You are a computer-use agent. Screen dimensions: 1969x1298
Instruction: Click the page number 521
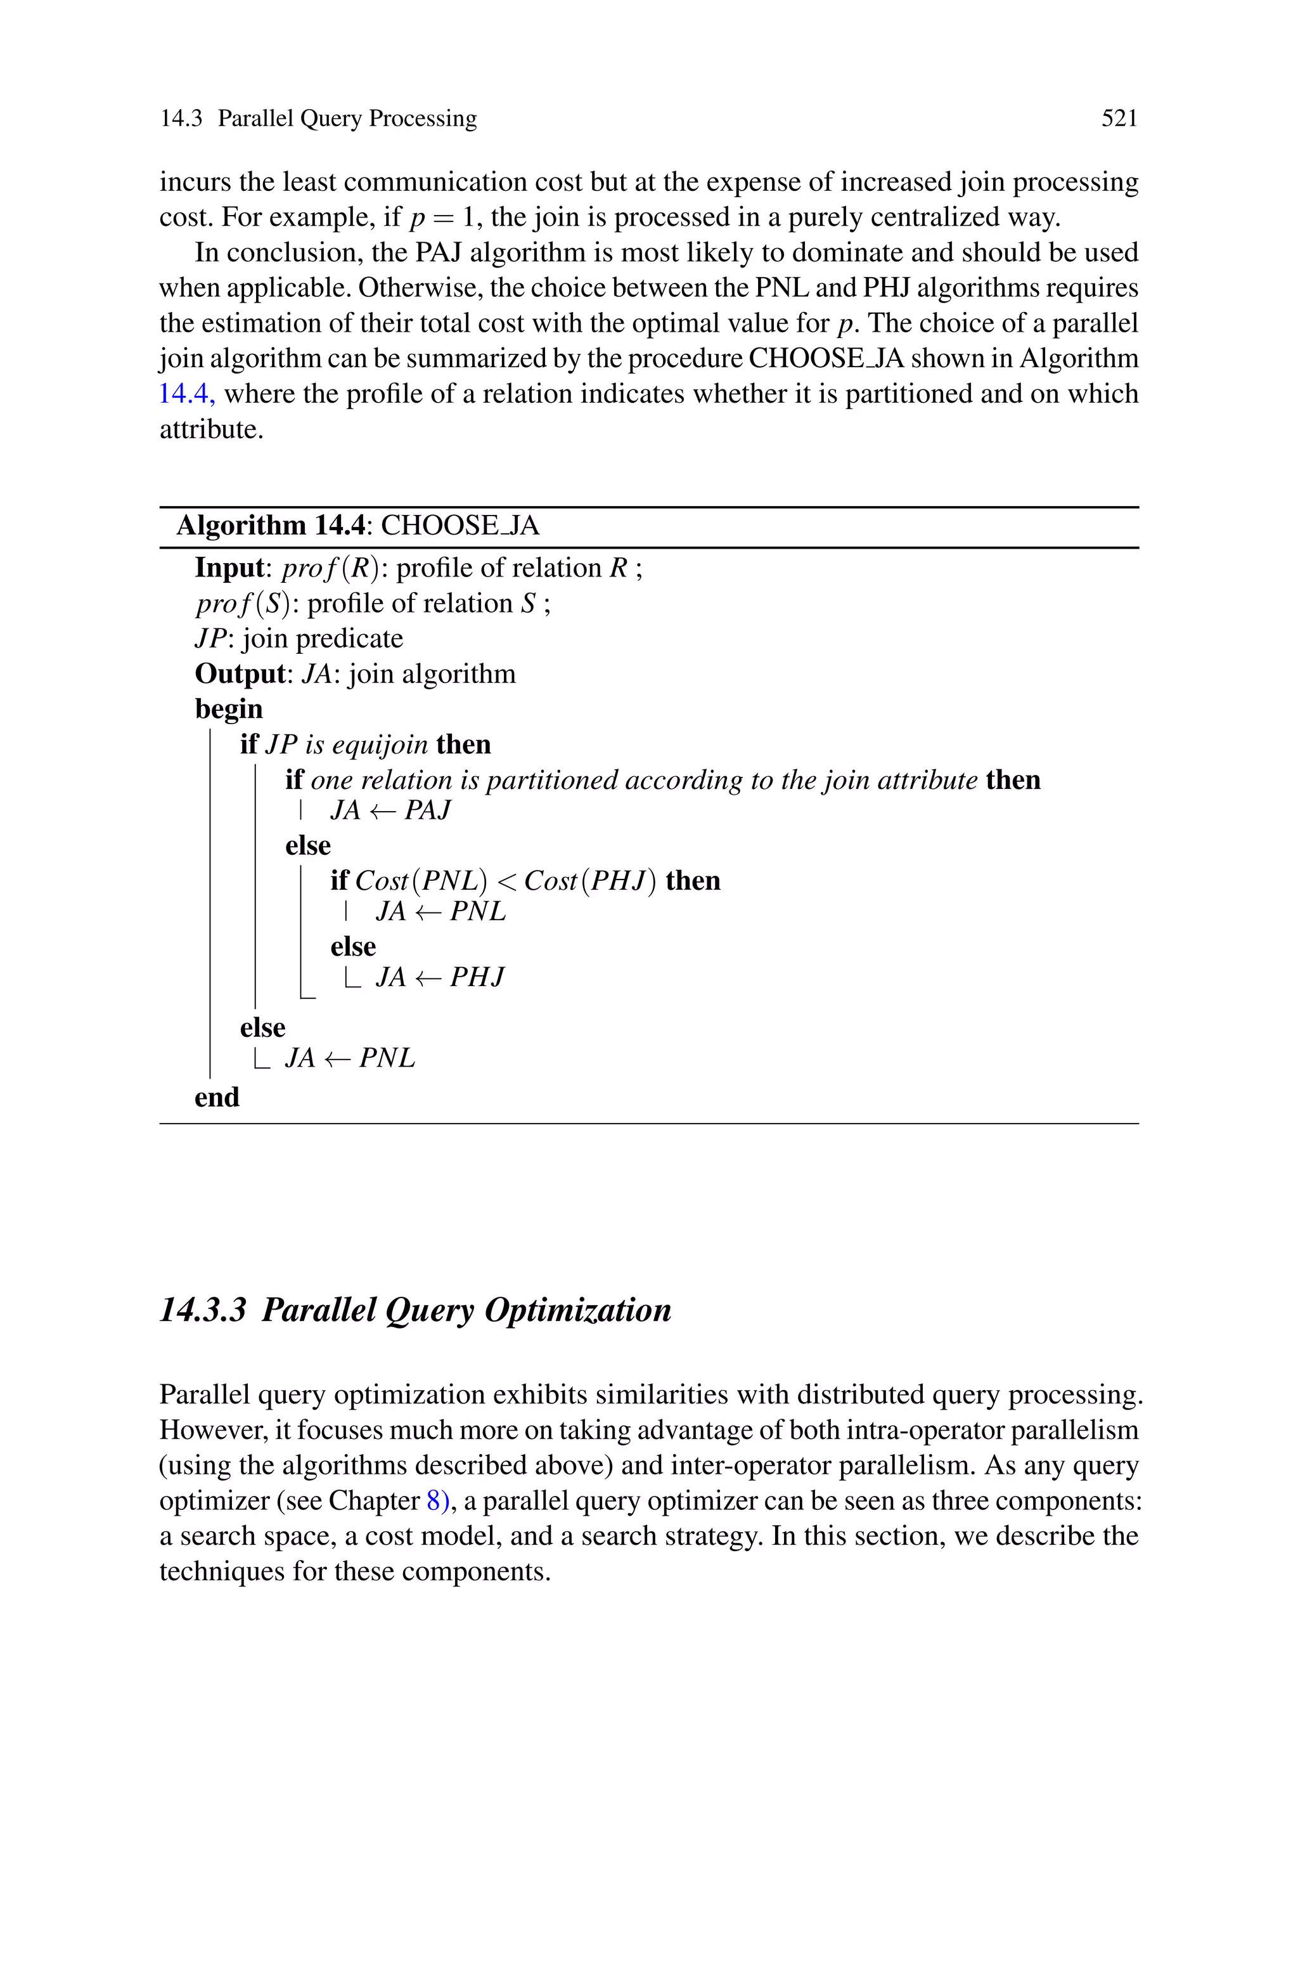tap(1119, 119)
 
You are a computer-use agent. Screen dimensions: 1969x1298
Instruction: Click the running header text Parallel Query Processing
tap(347, 119)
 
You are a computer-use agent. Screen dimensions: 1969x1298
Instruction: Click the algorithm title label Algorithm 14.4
tap(271, 526)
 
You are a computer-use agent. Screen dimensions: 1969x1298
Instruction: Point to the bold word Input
tap(228, 568)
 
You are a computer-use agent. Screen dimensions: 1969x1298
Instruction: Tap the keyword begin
tap(228, 710)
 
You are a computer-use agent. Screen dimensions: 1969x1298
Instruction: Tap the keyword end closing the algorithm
tap(217, 1098)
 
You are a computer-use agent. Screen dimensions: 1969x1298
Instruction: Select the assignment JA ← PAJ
tap(390, 810)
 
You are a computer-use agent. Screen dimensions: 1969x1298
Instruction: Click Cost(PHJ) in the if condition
tap(590, 881)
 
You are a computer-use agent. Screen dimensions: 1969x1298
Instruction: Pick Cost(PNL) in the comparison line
tap(421, 881)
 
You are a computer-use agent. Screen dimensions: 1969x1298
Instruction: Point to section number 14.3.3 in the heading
tap(203, 1311)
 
